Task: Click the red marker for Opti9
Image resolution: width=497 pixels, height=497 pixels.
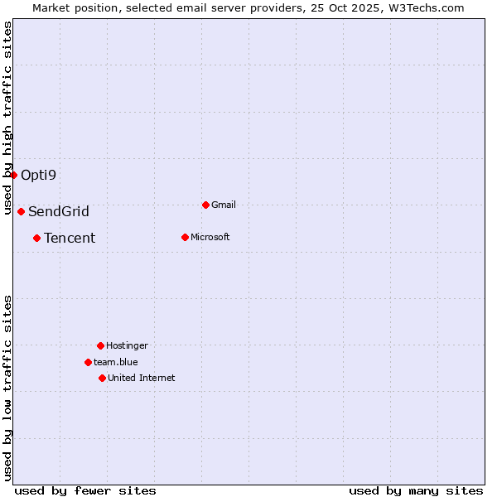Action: pyautogui.click(x=14, y=175)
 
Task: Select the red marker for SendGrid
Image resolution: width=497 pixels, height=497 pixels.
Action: pyautogui.click(x=22, y=211)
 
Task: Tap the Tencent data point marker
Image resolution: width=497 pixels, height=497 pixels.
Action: pyautogui.click(x=37, y=238)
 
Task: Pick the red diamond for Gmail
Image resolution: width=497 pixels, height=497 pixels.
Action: pyautogui.click(x=206, y=205)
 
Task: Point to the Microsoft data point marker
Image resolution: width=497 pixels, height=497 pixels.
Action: pyautogui.click(x=186, y=237)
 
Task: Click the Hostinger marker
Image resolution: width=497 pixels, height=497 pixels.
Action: pyautogui.click(x=101, y=345)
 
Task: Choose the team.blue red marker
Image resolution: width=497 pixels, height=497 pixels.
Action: pyautogui.click(x=89, y=362)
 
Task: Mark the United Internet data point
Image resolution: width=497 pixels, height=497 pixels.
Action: pyautogui.click(x=103, y=378)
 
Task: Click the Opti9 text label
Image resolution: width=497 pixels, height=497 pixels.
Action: pyautogui.click(x=38, y=175)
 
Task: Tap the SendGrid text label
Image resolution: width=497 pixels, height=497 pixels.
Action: pyautogui.click(x=59, y=211)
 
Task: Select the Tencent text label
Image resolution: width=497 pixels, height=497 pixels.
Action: pyautogui.click(x=70, y=238)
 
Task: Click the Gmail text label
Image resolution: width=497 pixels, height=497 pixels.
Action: pyautogui.click(x=224, y=205)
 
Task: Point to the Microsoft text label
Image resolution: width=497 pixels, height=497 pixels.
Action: pyautogui.click(x=210, y=237)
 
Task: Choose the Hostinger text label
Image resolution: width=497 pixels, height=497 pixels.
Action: pyautogui.click(x=127, y=345)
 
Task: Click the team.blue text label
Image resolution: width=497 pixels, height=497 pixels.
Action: pyautogui.click(x=116, y=362)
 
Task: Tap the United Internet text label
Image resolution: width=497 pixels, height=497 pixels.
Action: pyautogui.click(x=142, y=378)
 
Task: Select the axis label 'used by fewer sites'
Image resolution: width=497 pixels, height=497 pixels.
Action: pyautogui.click(x=85, y=490)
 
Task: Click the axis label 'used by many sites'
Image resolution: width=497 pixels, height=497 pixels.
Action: pyautogui.click(x=416, y=490)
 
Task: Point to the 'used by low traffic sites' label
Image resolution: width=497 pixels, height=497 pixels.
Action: pyautogui.click(x=7, y=388)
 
